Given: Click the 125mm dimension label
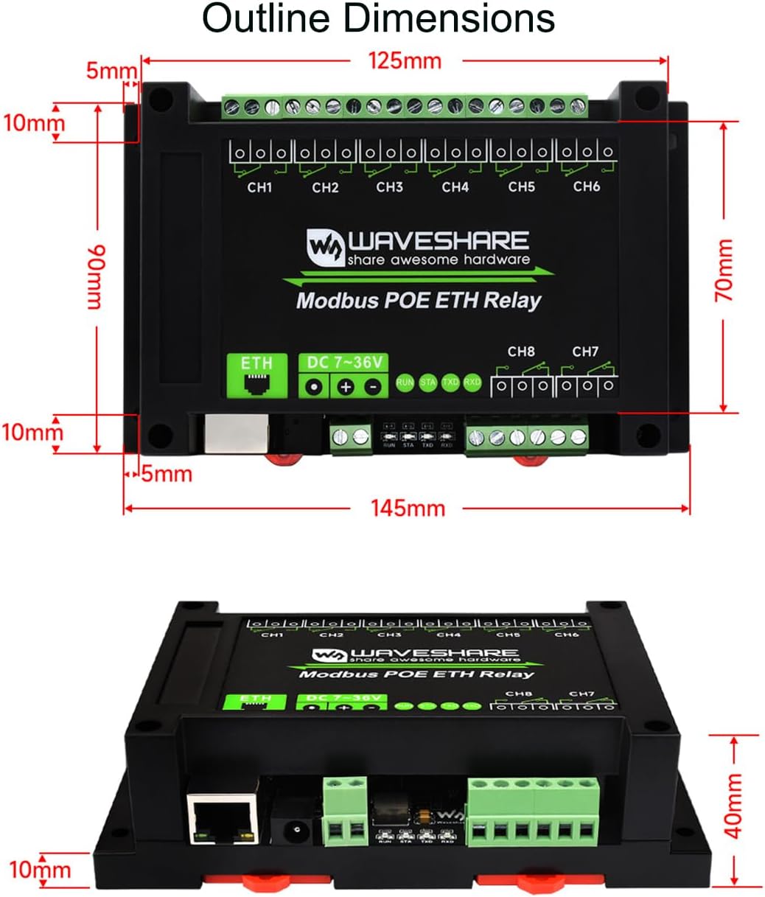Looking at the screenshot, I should [405, 61].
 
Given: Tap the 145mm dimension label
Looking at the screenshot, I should [408, 508].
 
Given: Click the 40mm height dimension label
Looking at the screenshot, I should [733, 805].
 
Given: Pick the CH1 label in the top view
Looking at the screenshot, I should [259, 187].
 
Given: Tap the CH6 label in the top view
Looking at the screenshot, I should [586, 186].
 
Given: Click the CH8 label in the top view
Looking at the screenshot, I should [520, 352].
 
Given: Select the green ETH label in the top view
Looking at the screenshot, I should [256, 363].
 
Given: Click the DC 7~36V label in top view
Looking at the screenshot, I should [343, 363].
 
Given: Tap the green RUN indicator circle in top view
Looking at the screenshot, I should [405, 383].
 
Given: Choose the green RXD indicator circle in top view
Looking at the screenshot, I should [472, 383].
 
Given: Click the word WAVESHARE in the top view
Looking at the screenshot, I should [438, 241].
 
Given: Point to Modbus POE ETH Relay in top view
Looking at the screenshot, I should [418, 301].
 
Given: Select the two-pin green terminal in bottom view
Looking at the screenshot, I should [346, 811].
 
